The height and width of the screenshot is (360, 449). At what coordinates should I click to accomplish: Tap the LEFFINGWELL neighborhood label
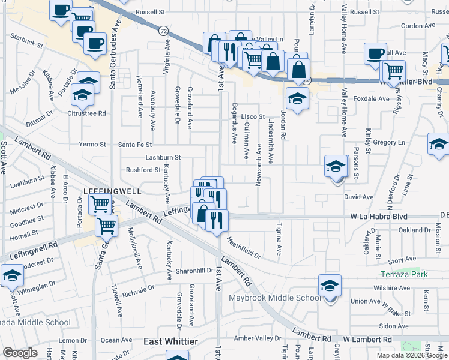tap(111, 191)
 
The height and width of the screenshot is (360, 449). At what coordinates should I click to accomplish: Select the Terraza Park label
tap(404, 274)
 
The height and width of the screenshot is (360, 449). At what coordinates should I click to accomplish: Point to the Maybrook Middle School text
tap(274, 298)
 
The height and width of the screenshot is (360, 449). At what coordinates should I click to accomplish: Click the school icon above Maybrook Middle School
tap(330, 286)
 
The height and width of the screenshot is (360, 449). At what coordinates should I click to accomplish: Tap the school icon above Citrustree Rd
tap(82, 94)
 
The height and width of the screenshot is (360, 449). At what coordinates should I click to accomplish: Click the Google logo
tap(20, 353)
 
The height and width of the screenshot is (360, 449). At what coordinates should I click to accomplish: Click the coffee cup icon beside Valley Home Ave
tap(375, 53)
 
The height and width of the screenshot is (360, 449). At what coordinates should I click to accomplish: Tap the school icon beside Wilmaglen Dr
tap(11, 276)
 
